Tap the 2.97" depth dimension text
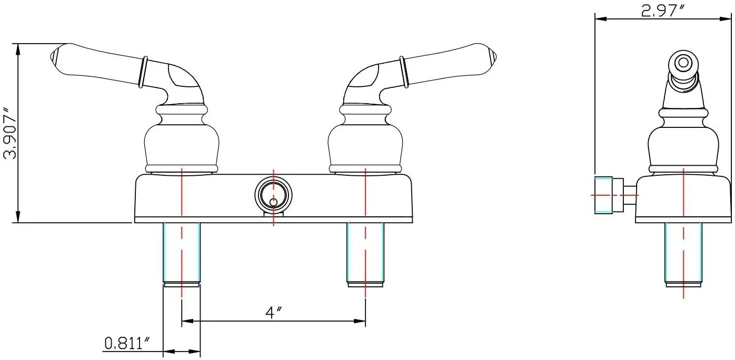(x=662, y=11)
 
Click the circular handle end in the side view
(x=683, y=63)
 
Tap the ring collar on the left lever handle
(x=143, y=72)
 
